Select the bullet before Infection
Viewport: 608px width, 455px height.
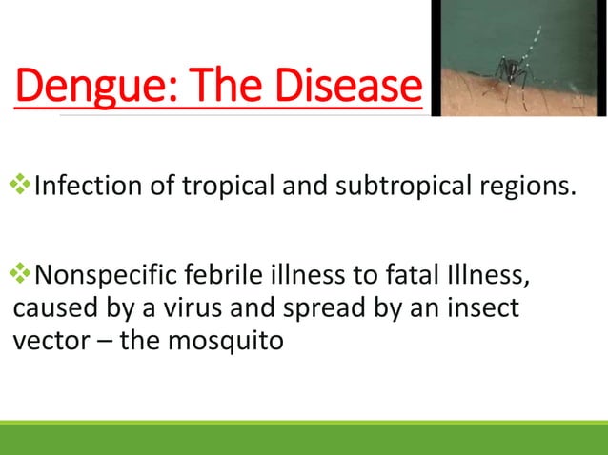coord(22,181)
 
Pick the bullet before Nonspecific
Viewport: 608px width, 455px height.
coord(22,277)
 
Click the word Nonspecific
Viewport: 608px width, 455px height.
coord(114,278)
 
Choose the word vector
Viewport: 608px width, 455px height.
coord(51,341)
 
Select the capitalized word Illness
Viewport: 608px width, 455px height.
coord(484,278)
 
